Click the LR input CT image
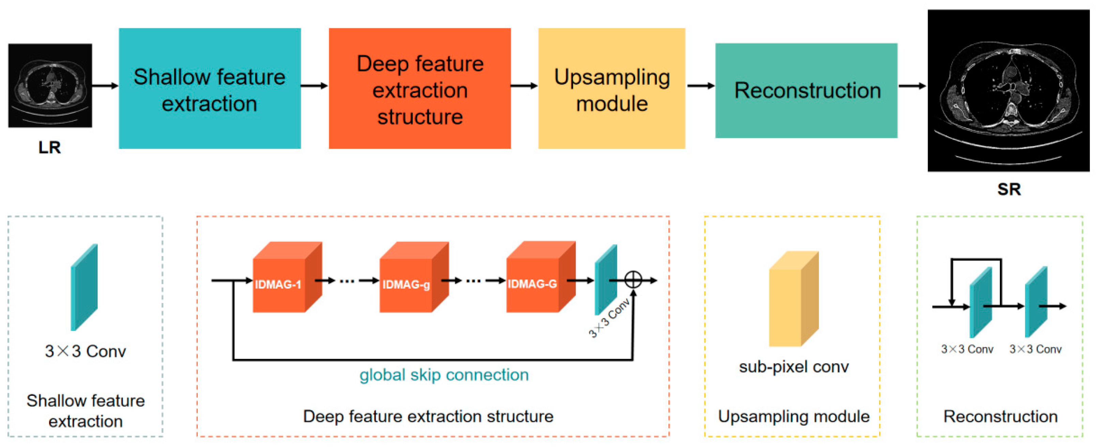(x=50, y=85)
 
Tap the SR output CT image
(x=1008, y=90)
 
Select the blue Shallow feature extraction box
(x=210, y=89)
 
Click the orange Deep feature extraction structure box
(x=419, y=89)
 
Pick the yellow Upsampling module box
(x=612, y=89)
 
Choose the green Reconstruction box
(x=806, y=90)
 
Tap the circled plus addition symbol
(x=633, y=280)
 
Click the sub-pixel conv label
(x=793, y=367)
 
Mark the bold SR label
(x=1008, y=189)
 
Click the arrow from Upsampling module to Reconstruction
(x=700, y=86)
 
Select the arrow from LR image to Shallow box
(x=105, y=86)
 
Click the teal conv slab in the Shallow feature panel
(x=84, y=287)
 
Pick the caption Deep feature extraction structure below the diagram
(x=428, y=416)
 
